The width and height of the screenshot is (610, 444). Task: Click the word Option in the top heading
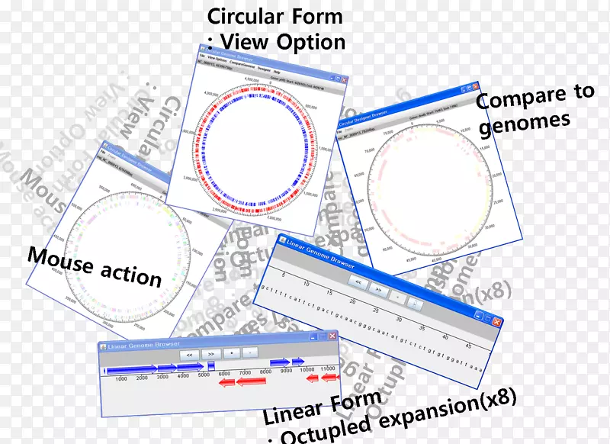click(x=310, y=41)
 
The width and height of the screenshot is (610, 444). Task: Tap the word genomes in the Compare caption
click(x=524, y=121)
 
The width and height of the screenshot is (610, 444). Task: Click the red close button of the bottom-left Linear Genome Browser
click(x=332, y=336)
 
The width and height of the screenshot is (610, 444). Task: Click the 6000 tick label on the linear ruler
click(x=224, y=373)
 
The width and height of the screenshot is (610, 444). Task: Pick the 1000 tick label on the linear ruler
click(x=120, y=378)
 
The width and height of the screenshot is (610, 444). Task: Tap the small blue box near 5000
click(x=211, y=366)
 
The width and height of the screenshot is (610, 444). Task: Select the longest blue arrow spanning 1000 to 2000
click(x=130, y=371)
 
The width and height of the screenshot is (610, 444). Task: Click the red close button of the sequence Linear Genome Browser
click(x=496, y=322)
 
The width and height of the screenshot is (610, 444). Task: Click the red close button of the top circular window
click(x=345, y=79)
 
